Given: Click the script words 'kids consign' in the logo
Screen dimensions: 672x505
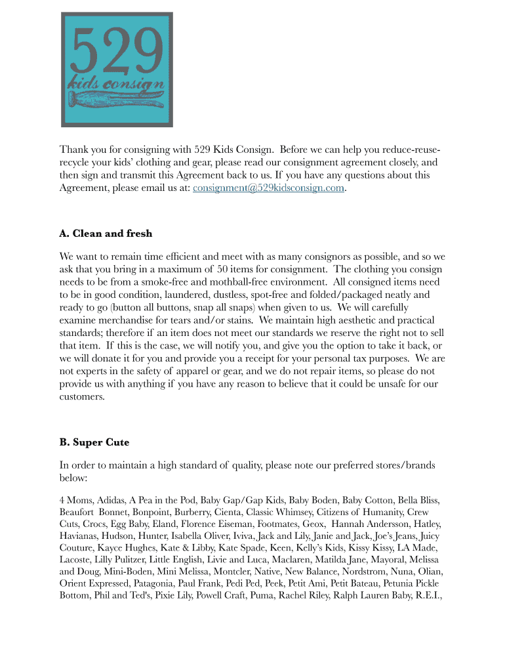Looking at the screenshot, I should pyautogui.click(x=116, y=83).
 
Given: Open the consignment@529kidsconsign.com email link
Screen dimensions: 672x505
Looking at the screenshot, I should pyautogui.click(x=268, y=188).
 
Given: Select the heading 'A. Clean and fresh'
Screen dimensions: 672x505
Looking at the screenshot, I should pyautogui.click(x=106, y=234).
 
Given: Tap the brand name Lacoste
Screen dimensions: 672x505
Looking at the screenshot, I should pyautogui.click(x=77, y=559).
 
